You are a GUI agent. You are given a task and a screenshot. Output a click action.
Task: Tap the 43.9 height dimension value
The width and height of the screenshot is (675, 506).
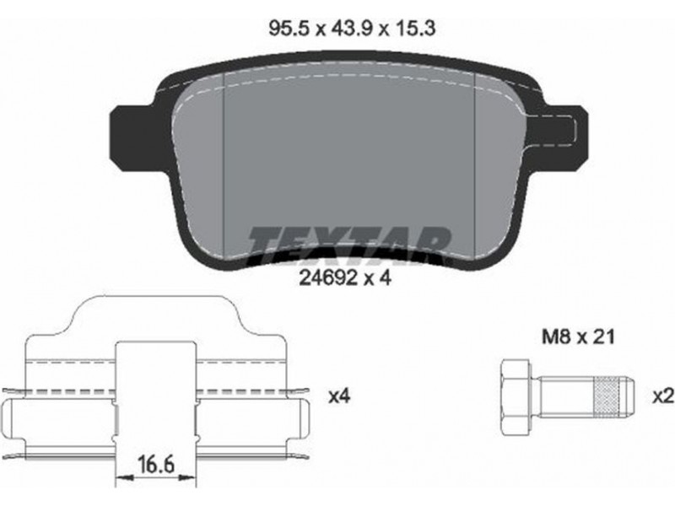click(350, 29)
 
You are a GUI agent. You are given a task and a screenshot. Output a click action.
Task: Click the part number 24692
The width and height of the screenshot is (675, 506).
click(328, 278)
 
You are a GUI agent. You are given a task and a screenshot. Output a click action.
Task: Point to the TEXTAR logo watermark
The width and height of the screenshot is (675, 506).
click(348, 245)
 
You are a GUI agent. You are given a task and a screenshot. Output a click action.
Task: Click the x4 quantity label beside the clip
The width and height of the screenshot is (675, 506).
click(339, 396)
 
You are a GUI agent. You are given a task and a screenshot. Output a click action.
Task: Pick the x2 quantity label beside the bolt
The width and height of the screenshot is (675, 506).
click(663, 396)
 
